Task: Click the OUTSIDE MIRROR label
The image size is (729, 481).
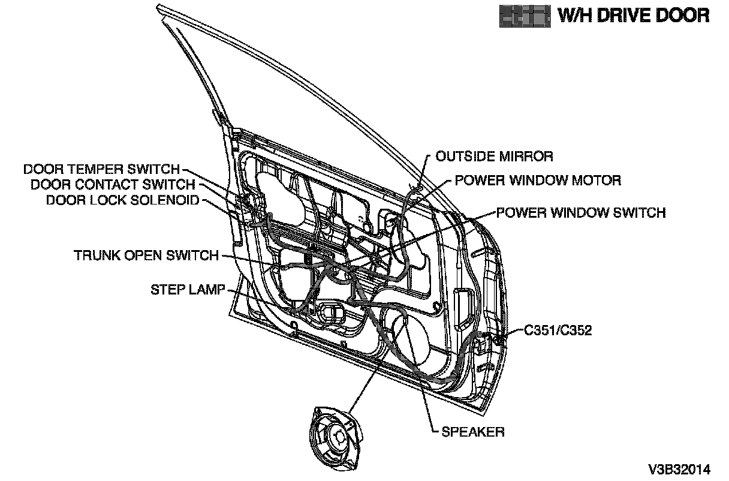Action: pos(494,157)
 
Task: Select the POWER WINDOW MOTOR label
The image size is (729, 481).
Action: pos(537,180)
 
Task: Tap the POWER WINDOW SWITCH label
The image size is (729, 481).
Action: pos(580,212)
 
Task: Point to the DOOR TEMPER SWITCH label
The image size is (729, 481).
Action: pos(101,169)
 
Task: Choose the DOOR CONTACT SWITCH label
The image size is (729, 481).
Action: pos(113,185)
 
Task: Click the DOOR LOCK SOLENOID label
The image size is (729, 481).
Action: pos(122,200)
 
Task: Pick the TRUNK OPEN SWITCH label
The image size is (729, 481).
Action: pos(146,255)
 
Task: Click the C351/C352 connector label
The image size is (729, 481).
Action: pos(558,330)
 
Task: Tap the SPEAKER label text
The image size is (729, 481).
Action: pos(473,431)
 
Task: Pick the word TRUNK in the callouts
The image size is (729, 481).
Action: pos(96,255)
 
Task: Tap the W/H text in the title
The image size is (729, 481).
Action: pos(574,14)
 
